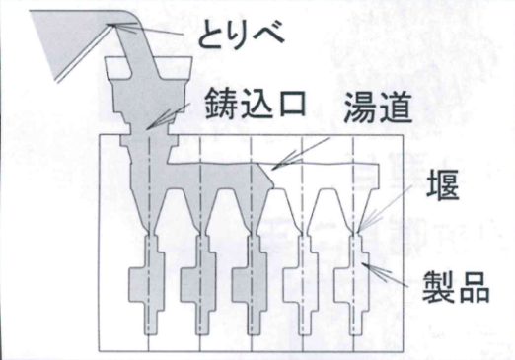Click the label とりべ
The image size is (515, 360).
(x=241, y=35)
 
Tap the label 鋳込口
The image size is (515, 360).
(x=256, y=104)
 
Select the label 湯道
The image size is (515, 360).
(x=378, y=107)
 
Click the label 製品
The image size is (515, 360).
(x=456, y=286)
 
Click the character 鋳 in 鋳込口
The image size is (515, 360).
(x=221, y=104)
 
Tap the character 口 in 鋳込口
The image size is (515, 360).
(x=291, y=105)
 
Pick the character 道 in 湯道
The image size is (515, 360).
(x=396, y=107)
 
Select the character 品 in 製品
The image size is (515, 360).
(x=474, y=286)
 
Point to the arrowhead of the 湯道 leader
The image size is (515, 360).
(x=272, y=169)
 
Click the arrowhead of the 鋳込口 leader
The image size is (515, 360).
(x=147, y=128)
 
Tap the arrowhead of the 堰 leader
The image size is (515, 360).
(x=359, y=230)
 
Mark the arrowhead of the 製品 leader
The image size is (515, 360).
(x=363, y=263)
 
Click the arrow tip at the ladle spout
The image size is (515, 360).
(x=111, y=25)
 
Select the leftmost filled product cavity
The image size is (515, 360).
(x=147, y=284)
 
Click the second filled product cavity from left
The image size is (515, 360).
(x=198, y=284)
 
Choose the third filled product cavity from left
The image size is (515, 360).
(x=251, y=284)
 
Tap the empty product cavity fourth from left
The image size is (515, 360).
(x=302, y=284)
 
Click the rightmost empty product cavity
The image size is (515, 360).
(x=352, y=284)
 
